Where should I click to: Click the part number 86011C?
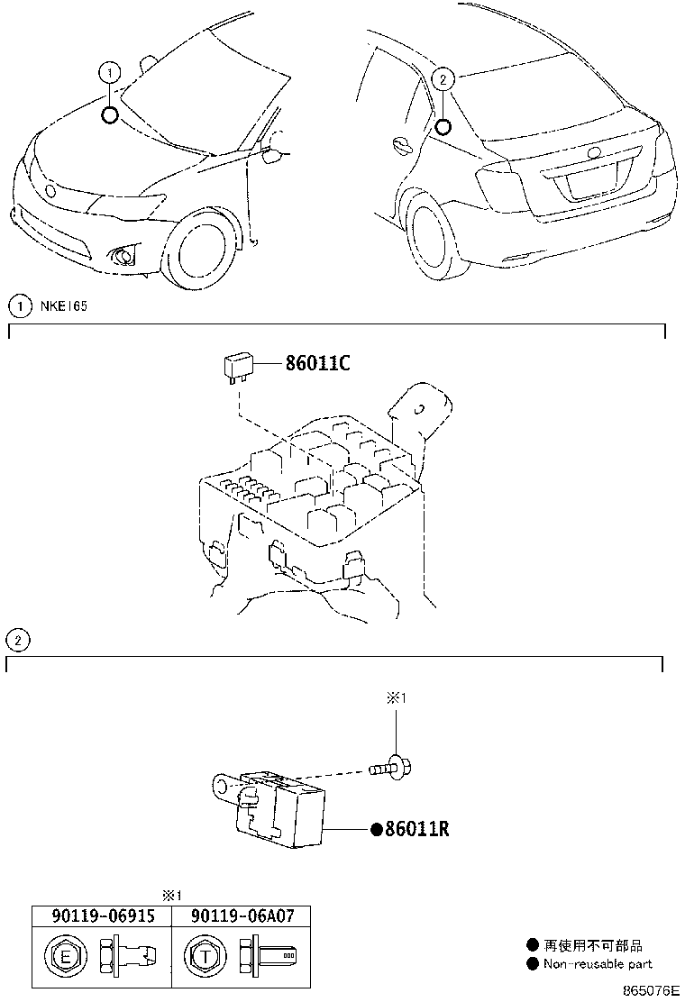tap(316, 364)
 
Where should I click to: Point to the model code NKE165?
tap(63, 306)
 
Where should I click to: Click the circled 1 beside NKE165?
tap(18, 306)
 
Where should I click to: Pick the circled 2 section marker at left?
tap(16, 641)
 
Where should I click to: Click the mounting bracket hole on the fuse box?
tap(417, 407)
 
